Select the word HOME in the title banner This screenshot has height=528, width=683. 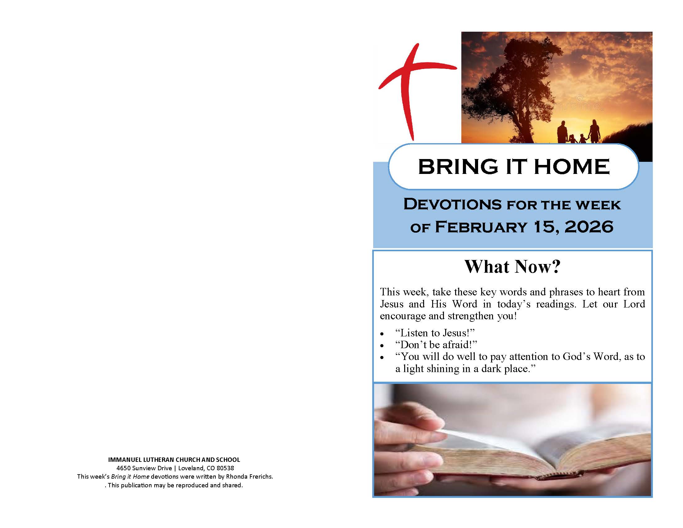click(x=572, y=166)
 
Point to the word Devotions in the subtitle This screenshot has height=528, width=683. click(x=453, y=204)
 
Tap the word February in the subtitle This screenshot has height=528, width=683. click(x=481, y=227)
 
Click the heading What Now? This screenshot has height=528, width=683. click(x=512, y=266)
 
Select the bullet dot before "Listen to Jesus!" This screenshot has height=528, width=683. click(x=382, y=334)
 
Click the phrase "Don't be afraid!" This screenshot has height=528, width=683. click(x=436, y=345)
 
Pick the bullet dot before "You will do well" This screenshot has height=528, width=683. click(x=382, y=357)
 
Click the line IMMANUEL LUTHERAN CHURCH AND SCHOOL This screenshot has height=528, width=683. click(x=174, y=460)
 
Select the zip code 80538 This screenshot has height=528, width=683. click(x=225, y=468)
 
